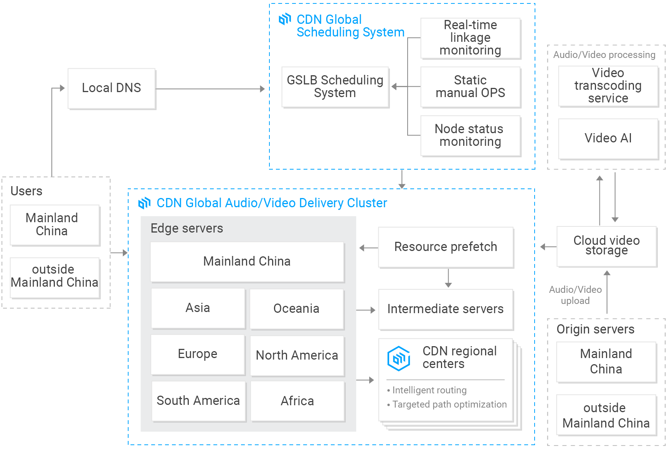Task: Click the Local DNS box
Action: pyautogui.click(x=112, y=89)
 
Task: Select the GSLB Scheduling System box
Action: pyautogui.click(x=335, y=87)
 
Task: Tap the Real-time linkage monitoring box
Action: pyautogui.click(x=471, y=38)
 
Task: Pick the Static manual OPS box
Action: pyautogui.click(x=471, y=87)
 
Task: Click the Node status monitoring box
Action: pyautogui.click(x=471, y=135)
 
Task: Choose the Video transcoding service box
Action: pyautogui.click(x=608, y=86)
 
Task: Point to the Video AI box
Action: pyautogui.click(x=608, y=138)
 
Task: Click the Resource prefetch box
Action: pyautogui.click(x=446, y=247)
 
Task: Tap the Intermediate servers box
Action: pyautogui.click(x=446, y=309)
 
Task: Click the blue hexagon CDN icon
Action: pyautogui.click(x=399, y=358)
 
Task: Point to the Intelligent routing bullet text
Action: pyautogui.click(x=429, y=390)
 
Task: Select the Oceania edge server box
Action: pyautogui.click(x=296, y=309)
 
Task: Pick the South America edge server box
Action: pyautogui.click(x=198, y=401)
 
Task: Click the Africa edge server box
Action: pyautogui.click(x=297, y=401)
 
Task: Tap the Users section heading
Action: pyautogui.click(x=26, y=191)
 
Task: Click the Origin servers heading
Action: pyautogui.click(x=595, y=329)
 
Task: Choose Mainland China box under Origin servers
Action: pyautogui.click(x=606, y=362)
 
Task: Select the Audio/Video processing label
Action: pyautogui.click(x=604, y=55)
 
